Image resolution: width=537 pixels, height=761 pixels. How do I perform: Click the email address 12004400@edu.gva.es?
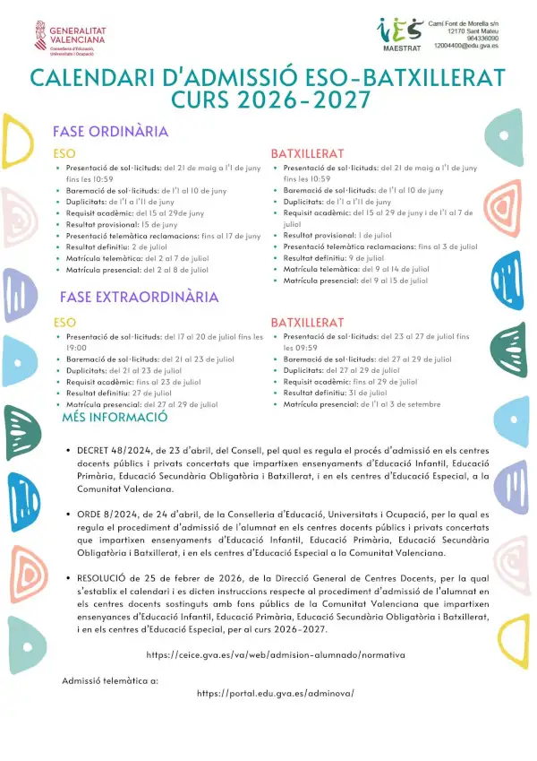[x=466, y=44]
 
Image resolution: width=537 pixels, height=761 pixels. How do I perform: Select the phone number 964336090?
[x=480, y=36]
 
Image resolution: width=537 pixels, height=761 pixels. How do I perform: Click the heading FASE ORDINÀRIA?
[x=110, y=132]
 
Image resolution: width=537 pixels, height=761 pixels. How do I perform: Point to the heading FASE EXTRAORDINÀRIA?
[x=139, y=297]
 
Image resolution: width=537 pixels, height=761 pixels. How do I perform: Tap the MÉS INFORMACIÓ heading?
[x=115, y=417]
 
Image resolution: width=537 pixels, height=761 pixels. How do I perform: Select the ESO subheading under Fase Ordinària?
[x=64, y=154]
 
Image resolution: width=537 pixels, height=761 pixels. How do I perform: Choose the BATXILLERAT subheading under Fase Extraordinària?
[x=307, y=323]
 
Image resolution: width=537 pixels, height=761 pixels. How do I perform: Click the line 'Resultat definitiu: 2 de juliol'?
[x=111, y=246]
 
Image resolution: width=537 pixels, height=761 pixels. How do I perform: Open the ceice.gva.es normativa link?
[x=275, y=655]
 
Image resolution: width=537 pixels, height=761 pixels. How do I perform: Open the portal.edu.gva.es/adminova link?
[x=276, y=694]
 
